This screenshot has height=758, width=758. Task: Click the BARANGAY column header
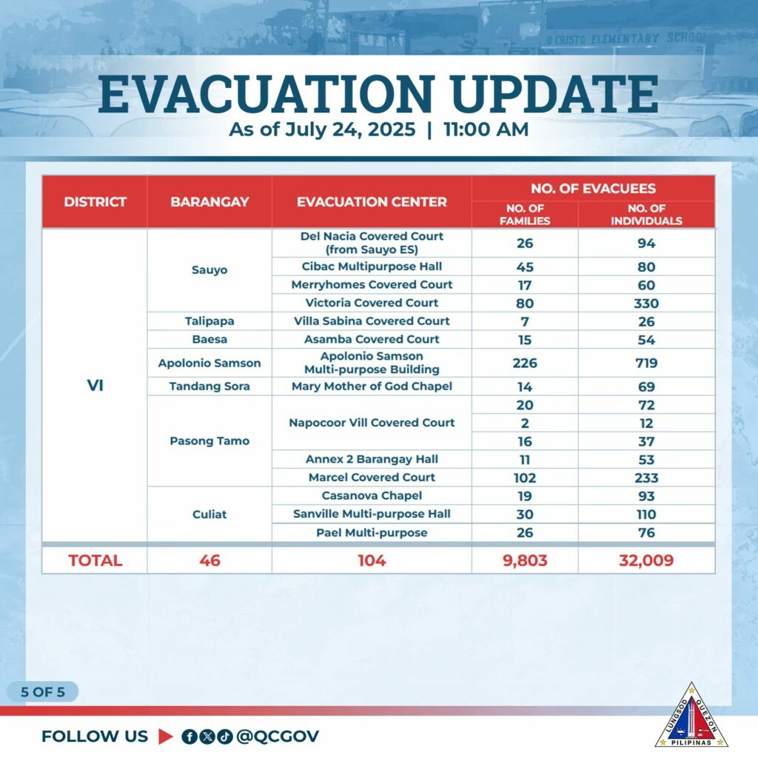coord(209,201)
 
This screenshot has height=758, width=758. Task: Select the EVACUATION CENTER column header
coord(372,201)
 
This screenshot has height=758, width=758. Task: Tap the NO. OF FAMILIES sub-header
coord(525,215)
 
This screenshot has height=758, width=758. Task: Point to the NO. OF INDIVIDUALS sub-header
coord(646,215)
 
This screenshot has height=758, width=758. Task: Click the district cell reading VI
coord(95,385)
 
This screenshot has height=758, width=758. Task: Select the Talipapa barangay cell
coord(209,321)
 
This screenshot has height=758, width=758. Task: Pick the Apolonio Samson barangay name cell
coord(209,363)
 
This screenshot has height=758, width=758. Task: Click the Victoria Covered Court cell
coord(372,303)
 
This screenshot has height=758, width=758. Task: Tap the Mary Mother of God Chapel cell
coord(372,386)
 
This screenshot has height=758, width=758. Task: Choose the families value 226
coord(525,363)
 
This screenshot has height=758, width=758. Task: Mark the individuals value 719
coord(646,363)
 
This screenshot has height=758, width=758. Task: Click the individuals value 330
coord(646,303)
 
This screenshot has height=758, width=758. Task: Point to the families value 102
coord(525,477)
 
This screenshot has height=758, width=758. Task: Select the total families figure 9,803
coord(525,560)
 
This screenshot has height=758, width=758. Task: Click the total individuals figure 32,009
coord(646,560)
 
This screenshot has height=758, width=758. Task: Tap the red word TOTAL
coord(95,560)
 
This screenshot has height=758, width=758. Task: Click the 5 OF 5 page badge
coord(42,692)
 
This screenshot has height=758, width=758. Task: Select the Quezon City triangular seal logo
coord(691,716)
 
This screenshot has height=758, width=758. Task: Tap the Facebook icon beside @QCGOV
coord(189,737)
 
